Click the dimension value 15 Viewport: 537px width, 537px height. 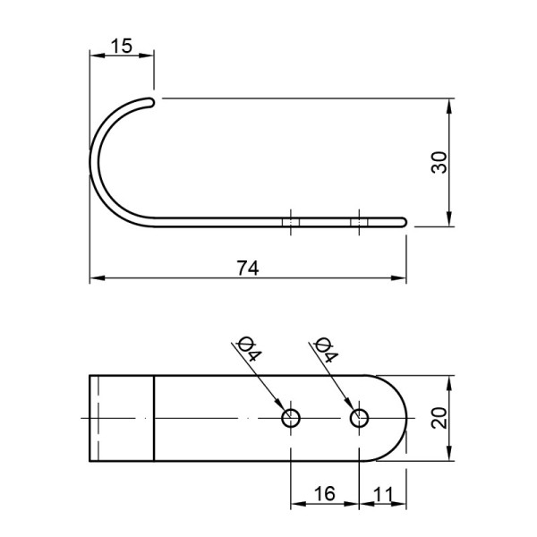point(122,46)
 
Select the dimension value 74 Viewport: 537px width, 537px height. point(248,268)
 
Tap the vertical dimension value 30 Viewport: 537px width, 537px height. point(439,162)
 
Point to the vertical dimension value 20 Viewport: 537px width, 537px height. point(439,418)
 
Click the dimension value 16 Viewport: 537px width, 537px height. point(324,494)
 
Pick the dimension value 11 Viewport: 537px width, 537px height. point(383,494)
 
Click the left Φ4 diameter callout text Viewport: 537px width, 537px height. point(250,349)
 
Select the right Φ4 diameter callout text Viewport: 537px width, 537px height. point(327,349)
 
